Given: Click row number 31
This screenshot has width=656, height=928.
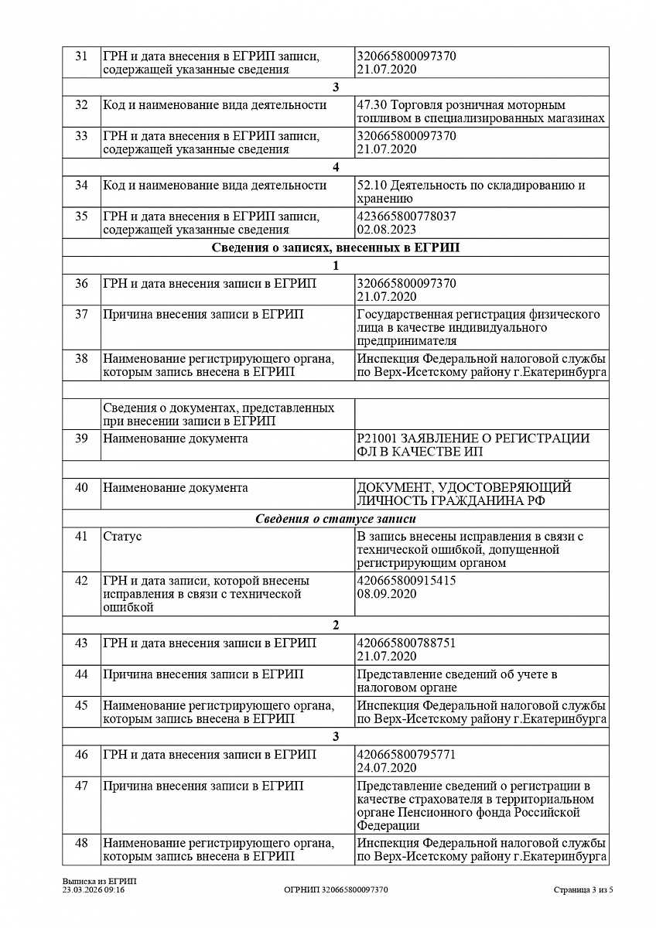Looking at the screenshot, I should coord(81,56).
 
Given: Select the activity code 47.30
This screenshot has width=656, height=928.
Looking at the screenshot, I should coord(371,105).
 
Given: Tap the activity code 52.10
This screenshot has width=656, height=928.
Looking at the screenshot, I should coord(371,186).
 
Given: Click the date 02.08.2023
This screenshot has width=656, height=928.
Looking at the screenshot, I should coord(387,230).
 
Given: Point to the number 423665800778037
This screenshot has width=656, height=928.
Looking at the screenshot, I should coord(406,217).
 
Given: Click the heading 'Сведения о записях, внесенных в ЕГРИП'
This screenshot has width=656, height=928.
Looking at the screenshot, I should coord(336,248).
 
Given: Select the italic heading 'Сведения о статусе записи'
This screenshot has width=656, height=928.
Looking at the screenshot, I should coord(336,519).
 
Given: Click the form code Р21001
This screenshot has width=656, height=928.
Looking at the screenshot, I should coord(374,438).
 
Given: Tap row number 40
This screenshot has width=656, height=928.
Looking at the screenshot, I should coord(81,488).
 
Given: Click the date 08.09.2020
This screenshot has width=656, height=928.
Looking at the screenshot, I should coord(387,594).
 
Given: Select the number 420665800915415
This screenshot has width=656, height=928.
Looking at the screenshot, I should coord(406,581).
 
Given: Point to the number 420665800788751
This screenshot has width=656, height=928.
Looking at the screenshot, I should coord(406,643).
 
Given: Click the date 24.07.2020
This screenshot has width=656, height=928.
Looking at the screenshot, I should coord(387,768).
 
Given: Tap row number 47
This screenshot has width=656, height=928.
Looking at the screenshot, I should coord(81,786).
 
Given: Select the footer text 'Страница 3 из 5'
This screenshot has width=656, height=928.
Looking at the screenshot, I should coord(583,890).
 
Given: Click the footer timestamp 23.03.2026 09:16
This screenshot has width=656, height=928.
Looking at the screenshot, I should coord(94,890).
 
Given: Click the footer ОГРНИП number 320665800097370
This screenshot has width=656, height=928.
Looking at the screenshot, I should coord(336,890).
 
